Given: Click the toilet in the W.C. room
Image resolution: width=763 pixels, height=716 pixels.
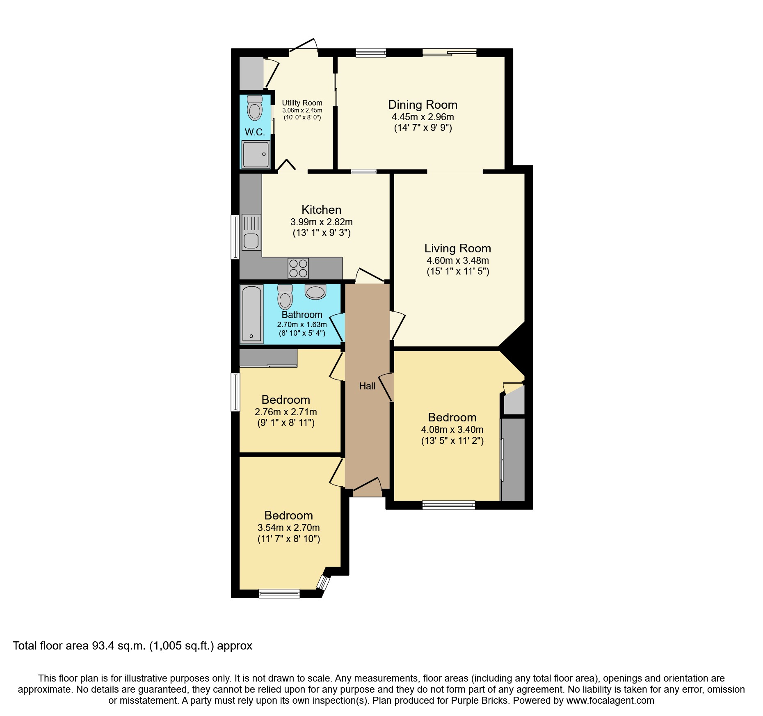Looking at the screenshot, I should click(255, 109).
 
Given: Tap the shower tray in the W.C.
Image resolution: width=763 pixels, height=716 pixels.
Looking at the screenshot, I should click(256, 154).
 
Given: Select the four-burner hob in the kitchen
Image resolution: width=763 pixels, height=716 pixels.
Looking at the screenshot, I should click(298, 268).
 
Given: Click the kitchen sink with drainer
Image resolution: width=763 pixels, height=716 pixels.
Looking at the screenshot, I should click(251, 233).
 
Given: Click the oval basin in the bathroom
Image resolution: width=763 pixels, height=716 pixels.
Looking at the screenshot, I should click(315, 292).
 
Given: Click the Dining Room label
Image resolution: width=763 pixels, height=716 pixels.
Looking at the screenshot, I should click(423, 105).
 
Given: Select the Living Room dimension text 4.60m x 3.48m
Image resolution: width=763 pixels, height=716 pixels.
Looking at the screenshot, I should click(457, 260).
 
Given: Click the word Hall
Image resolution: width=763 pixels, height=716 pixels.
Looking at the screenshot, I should click(367, 386).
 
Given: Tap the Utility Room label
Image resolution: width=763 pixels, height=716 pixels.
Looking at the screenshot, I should click(302, 103).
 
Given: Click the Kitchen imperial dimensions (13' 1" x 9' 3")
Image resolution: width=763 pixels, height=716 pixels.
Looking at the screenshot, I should click(321, 233).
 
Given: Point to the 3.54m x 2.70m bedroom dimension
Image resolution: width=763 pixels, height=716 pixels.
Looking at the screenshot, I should click(288, 528).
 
